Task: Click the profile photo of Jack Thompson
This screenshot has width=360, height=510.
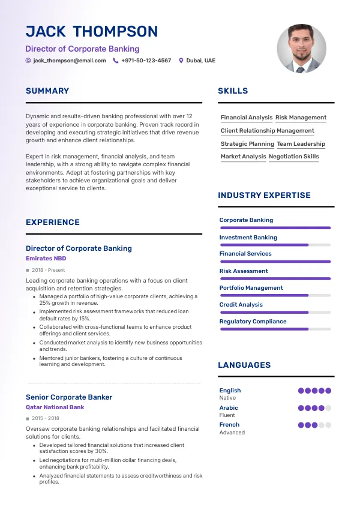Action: pyautogui.click(x=302, y=49)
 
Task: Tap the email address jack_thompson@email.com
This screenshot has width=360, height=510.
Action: pyautogui.click(x=70, y=61)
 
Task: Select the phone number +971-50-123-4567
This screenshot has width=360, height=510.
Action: pyautogui.click(x=146, y=61)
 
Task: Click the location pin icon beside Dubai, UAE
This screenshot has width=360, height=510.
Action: pyautogui.click(x=181, y=61)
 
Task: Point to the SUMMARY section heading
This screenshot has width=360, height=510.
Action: pyautogui.click(x=47, y=91)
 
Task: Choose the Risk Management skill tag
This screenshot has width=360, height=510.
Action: pyautogui.click(x=301, y=118)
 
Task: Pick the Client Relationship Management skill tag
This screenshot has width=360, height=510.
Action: pyautogui.click(x=267, y=131)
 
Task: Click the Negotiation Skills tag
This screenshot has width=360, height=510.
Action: pyautogui.click(x=294, y=157)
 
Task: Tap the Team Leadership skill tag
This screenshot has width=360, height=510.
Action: pyautogui.click(x=301, y=144)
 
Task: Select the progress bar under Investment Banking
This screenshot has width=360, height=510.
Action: pyautogui.click(x=275, y=245)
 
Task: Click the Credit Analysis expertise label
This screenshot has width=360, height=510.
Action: pyautogui.click(x=241, y=305)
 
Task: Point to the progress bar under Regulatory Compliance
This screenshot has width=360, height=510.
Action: pyautogui.click(x=275, y=329)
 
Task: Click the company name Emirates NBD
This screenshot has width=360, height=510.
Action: pyautogui.click(x=46, y=259)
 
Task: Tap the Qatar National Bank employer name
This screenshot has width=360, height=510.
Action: pyautogui.click(x=55, y=407)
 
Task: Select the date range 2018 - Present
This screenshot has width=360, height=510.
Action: pyautogui.click(x=48, y=271)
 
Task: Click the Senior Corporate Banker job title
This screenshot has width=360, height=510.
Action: pyautogui.click(x=69, y=397)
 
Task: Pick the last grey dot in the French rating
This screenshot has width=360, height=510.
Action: pyautogui.click(x=328, y=425)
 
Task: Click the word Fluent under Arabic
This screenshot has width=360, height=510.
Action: pyautogui.click(x=227, y=415)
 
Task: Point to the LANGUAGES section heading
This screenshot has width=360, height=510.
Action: pyautogui.click(x=244, y=365)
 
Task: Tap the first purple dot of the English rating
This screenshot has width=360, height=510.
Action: pyautogui.click(x=301, y=391)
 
